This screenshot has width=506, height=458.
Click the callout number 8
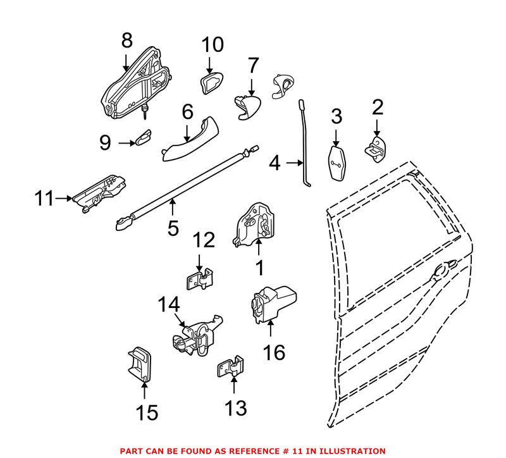tap(127, 41)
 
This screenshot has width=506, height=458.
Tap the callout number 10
tap(213, 45)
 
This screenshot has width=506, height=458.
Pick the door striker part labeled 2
tap(376, 148)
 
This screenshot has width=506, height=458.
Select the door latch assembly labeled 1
tap(254, 225)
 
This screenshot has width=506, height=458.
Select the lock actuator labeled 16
tap(272, 305)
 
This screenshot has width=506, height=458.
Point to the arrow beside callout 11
tap(63, 199)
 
